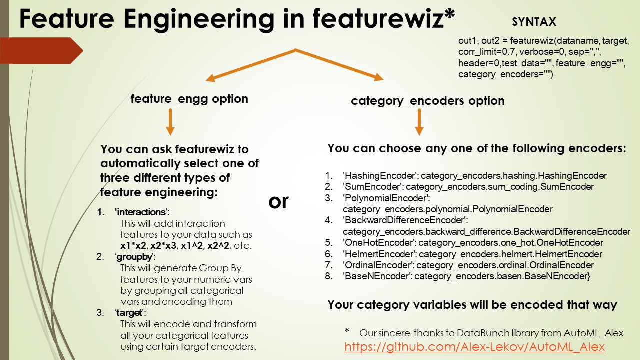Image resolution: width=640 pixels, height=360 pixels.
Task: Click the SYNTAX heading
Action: coord(534,22)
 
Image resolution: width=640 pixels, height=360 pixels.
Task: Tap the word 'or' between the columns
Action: coord(279,201)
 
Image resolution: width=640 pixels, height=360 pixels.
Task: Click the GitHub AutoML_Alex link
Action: coord(474,347)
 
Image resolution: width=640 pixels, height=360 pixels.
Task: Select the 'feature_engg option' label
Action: coord(189,99)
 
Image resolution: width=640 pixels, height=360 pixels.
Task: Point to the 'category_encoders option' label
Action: coord(427,101)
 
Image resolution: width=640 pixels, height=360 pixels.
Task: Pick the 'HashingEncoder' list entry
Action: coord(474,176)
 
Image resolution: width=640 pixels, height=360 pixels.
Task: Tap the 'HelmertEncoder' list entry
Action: coord(472,254)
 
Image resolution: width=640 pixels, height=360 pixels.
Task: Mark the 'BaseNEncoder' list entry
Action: coord(466,276)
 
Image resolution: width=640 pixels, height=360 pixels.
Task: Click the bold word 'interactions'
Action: coord(140,212)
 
